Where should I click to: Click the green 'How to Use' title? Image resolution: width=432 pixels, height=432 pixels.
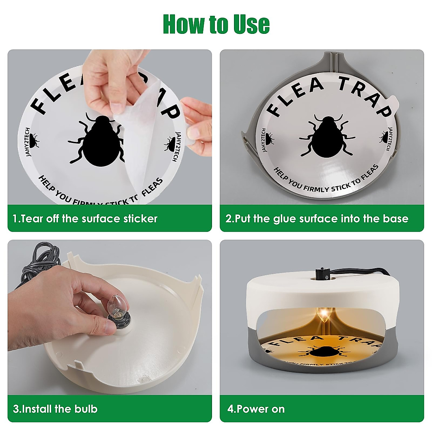(x=216, y=24)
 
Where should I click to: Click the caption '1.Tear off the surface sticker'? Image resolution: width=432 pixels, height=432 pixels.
(x=85, y=219)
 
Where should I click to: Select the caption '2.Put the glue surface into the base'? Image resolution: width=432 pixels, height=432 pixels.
(x=317, y=219)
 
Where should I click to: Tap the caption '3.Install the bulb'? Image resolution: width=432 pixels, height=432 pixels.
(x=55, y=409)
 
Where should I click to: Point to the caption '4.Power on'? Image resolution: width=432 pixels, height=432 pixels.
(x=256, y=409)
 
